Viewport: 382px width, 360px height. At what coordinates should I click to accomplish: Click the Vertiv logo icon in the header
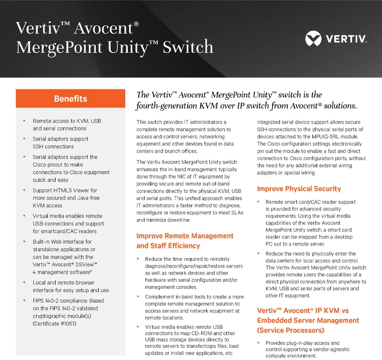coord(313,38)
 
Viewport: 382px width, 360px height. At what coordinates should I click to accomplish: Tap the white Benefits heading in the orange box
coord(71,99)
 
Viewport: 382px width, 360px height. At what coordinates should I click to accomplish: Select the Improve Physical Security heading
coord(299,189)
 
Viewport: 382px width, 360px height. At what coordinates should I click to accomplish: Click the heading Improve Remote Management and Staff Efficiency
coord(185,241)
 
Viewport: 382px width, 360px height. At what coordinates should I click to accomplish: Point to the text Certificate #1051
coord(54,323)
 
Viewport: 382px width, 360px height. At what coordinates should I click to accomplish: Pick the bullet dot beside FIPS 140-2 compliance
coord(24,301)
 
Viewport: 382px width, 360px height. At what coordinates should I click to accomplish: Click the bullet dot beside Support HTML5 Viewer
coord(24,190)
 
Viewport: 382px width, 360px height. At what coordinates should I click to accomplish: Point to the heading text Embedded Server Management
coord(308,320)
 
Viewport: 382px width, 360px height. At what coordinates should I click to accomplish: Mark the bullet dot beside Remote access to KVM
coord(24,121)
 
